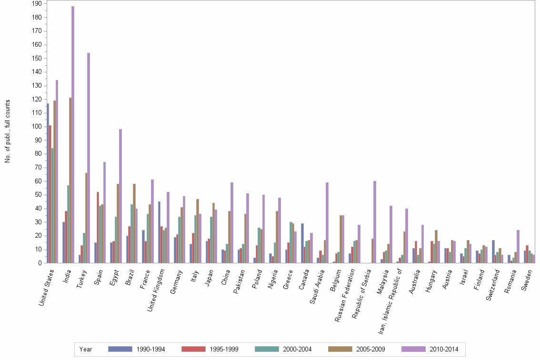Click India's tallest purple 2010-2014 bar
(x=73, y=134)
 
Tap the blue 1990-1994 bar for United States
(x=48, y=183)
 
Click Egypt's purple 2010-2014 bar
(x=120, y=196)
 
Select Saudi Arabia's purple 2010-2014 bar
(x=327, y=222)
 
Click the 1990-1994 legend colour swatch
(x=120, y=349)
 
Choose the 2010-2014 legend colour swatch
(x=413, y=349)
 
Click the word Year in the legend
(x=86, y=349)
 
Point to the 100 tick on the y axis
(x=38, y=127)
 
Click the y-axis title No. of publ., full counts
(x=8, y=131)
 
